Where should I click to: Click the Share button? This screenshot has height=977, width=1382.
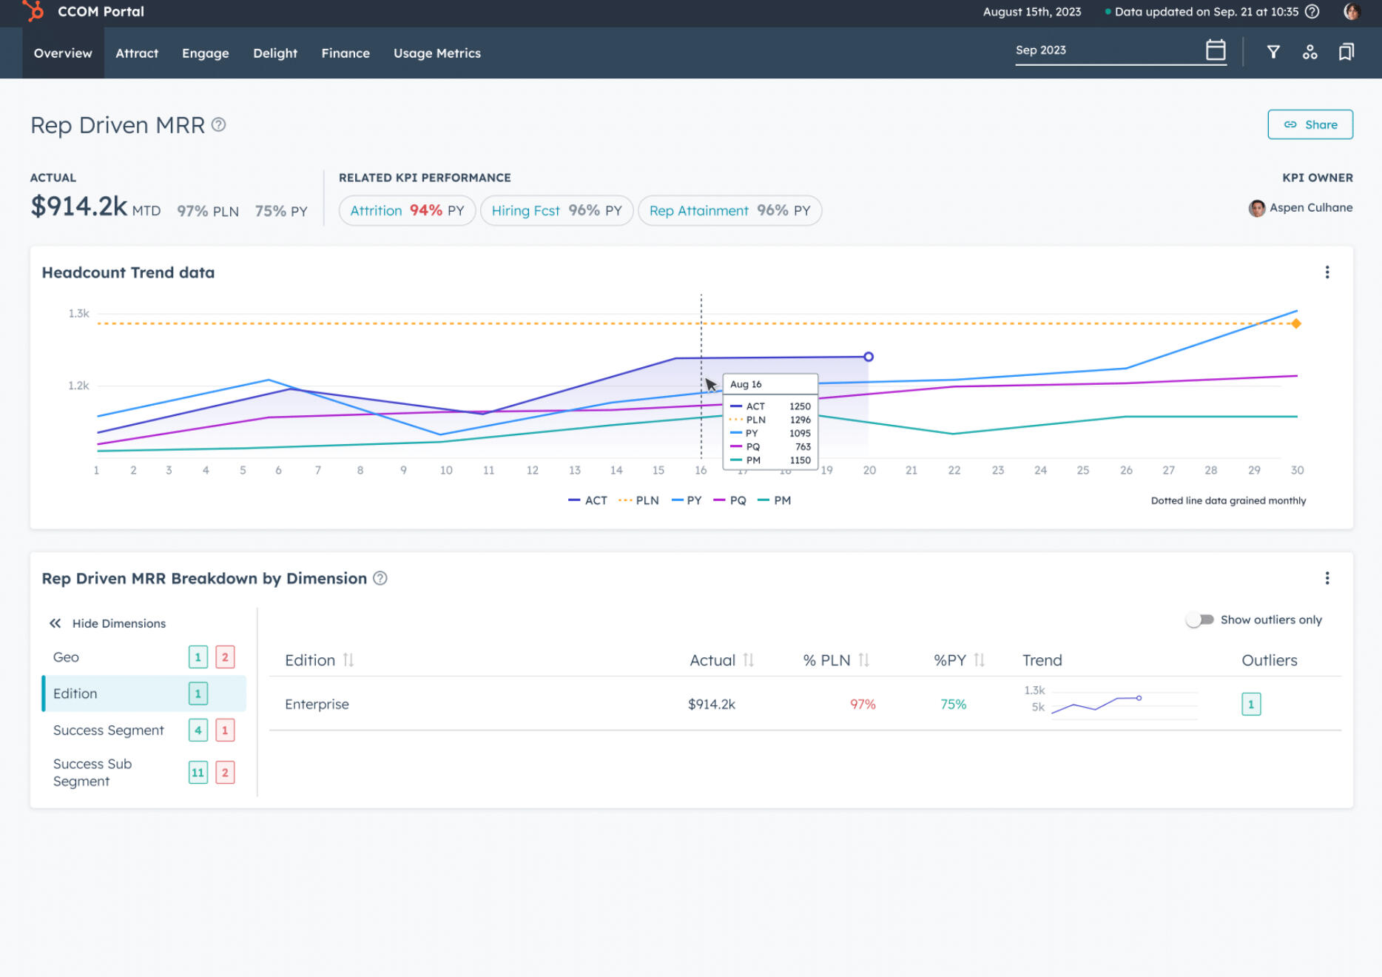1309,124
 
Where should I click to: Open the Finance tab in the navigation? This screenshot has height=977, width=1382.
345,53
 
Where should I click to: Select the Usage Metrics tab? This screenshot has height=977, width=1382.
436,53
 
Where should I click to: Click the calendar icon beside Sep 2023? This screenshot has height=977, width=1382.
1215,50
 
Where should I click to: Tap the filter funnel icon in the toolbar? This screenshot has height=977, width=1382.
1273,52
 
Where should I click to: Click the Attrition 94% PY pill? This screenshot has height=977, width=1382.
406,211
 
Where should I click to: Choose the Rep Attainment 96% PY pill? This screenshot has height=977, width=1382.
729,211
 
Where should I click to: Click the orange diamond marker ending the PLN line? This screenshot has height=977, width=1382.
1295,323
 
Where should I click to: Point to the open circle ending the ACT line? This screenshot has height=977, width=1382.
869,357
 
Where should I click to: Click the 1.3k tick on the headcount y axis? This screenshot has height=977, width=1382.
78,314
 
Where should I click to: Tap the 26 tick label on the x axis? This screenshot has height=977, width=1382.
1125,470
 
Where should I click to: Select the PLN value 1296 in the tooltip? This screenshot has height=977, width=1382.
800,420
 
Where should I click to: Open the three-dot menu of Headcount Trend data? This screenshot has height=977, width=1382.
1327,272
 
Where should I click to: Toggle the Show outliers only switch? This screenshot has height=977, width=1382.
1199,620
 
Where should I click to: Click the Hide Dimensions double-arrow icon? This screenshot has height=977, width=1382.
55,623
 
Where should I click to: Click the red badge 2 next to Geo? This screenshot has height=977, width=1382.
225,657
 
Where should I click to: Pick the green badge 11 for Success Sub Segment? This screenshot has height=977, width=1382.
198,773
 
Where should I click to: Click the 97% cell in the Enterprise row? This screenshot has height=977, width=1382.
862,704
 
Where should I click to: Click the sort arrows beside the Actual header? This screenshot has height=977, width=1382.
748,660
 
